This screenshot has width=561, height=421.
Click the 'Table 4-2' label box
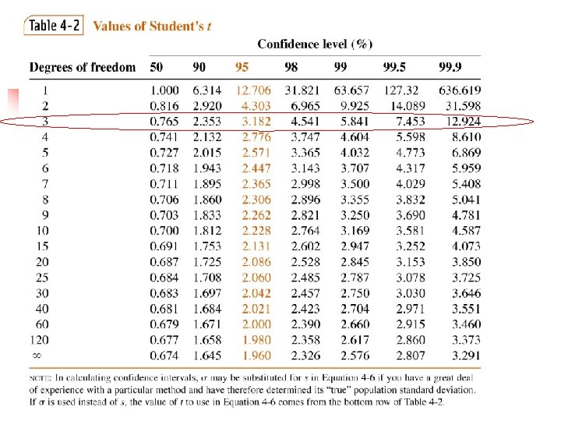pyautogui.click(x=54, y=25)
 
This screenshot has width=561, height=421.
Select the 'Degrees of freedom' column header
pyautogui.click(x=82, y=68)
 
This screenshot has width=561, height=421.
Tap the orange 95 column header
pyautogui.click(x=242, y=68)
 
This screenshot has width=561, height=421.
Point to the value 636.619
pyautogui.click(x=459, y=90)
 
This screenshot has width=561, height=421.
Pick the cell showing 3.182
pyautogui.click(x=256, y=122)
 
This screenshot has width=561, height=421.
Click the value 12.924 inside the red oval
pyautogui.click(x=463, y=122)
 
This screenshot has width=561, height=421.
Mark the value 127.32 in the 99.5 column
pyautogui.click(x=401, y=90)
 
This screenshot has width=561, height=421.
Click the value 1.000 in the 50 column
pyautogui.click(x=164, y=90)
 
